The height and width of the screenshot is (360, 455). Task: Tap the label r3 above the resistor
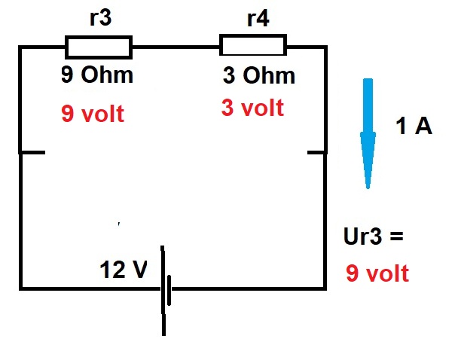click(x=100, y=17)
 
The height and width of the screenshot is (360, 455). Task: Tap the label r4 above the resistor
click(x=258, y=19)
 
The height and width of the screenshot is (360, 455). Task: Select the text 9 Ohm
click(x=97, y=75)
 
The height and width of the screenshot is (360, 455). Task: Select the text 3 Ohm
click(x=258, y=75)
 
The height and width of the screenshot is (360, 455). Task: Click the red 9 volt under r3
click(x=93, y=114)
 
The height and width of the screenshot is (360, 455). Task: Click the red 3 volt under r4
click(x=252, y=108)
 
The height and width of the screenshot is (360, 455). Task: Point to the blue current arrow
click(x=368, y=133)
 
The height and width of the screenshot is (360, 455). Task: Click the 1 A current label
click(x=414, y=127)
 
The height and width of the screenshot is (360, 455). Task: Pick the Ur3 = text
click(x=373, y=236)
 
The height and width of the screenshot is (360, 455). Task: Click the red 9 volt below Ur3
click(x=377, y=273)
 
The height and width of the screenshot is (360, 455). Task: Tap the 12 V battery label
click(x=124, y=269)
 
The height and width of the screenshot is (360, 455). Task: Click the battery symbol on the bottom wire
click(x=166, y=290)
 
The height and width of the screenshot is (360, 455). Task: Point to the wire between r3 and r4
click(x=176, y=47)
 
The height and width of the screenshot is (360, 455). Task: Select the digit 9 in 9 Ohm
click(x=67, y=75)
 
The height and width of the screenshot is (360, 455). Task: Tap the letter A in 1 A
click(x=423, y=127)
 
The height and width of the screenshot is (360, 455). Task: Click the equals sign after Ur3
click(x=397, y=236)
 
